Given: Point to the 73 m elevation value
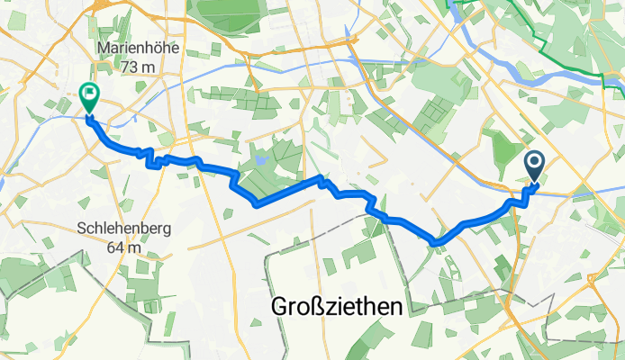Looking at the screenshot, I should [x=138, y=67].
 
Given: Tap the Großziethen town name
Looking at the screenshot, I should [x=337, y=307].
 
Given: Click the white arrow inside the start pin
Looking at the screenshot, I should [x=533, y=163].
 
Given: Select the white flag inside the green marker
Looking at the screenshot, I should [x=90, y=92].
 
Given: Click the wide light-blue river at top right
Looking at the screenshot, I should [x=576, y=76].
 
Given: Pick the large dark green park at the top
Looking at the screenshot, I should [x=230, y=16].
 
